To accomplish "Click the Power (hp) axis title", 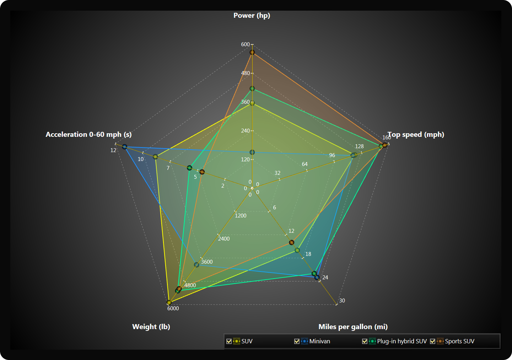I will tap(252, 16).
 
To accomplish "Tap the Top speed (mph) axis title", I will tap(416, 135).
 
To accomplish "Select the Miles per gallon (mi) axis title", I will tap(353, 327).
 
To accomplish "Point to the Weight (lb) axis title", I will tap(151, 327).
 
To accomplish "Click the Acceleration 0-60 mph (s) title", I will tap(88, 135).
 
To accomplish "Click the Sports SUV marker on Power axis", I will tap(252, 53).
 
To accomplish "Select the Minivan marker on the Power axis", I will tap(252, 152).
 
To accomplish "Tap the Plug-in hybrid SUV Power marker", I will tap(252, 88).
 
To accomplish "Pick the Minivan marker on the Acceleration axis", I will tap(125, 146).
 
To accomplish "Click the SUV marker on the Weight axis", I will tap(169, 302).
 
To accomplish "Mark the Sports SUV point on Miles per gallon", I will tap(292, 242).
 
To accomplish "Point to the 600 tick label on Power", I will tap(245, 44).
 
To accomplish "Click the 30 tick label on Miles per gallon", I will tap(342, 301).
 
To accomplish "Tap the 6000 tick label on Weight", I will tap(173, 308).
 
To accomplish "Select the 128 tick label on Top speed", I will tap(359, 146).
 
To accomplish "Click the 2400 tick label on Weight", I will tap(224, 239).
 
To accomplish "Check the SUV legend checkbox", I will tap(229, 341).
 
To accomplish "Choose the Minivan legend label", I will tap(319, 341).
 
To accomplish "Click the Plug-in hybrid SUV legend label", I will tap(402, 341).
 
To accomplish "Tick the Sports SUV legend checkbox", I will tap(432, 341).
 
